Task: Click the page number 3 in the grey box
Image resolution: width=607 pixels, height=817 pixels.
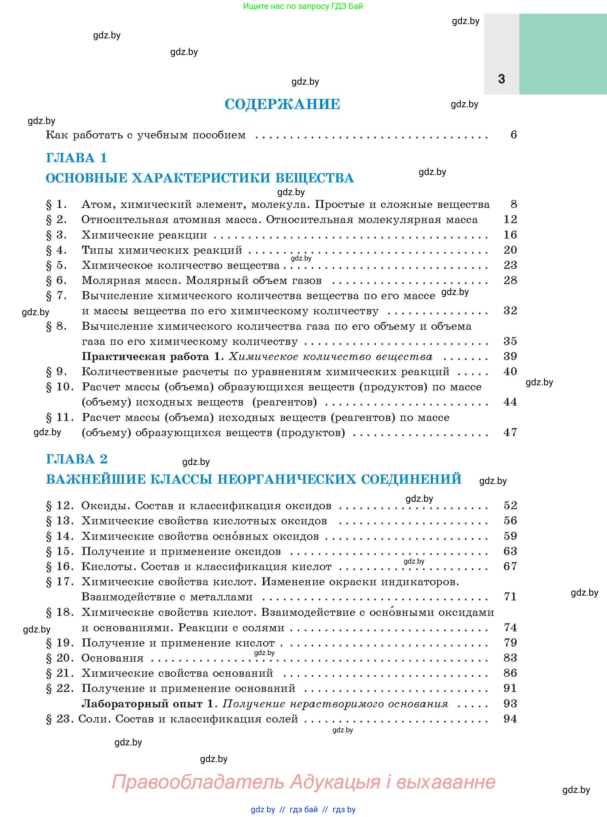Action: (x=502, y=79)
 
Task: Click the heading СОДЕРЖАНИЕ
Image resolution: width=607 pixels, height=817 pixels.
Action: (x=282, y=104)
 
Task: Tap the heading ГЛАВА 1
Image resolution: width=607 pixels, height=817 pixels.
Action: (x=76, y=158)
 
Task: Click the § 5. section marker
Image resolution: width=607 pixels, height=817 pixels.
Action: (x=56, y=265)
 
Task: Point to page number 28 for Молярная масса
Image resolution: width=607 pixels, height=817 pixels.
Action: (x=510, y=280)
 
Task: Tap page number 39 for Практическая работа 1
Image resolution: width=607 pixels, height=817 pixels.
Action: (x=510, y=356)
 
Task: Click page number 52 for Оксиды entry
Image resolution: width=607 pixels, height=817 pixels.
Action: (x=510, y=505)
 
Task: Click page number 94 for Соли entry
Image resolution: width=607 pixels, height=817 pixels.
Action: (x=510, y=719)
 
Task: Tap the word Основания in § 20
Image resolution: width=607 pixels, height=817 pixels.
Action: (x=112, y=658)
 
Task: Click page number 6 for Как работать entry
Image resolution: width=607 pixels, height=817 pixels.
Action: (x=514, y=135)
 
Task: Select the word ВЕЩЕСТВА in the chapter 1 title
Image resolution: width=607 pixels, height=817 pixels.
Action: (x=315, y=178)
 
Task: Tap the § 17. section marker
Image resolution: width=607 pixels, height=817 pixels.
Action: (x=59, y=581)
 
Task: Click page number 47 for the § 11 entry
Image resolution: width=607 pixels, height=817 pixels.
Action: (x=510, y=432)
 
